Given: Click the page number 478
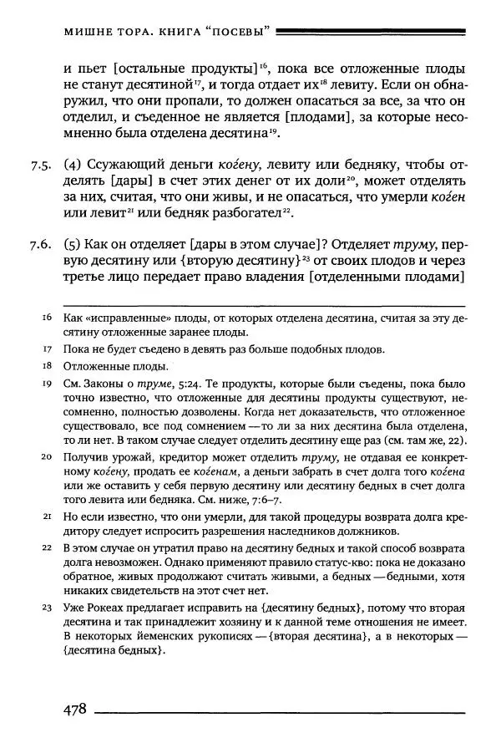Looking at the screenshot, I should (76, 709).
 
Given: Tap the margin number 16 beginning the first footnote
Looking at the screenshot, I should (47, 318).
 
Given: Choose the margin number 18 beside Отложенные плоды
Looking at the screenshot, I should (47, 366).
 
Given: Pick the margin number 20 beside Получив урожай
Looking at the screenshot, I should (47, 457).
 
